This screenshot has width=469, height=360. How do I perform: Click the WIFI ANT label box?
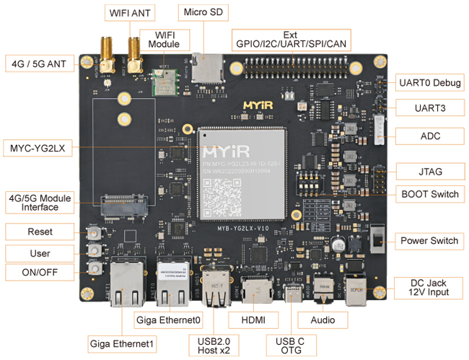[x=131, y=12]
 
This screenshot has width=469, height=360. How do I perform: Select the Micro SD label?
[x=203, y=12]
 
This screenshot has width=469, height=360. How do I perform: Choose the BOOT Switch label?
[x=429, y=195]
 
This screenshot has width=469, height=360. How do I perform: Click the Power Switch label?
[x=429, y=240]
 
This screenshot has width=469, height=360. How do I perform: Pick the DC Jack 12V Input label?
[x=429, y=286]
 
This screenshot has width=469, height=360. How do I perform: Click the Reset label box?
[x=40, y=232]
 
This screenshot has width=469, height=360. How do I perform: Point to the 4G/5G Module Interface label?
[x=40, y=202]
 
